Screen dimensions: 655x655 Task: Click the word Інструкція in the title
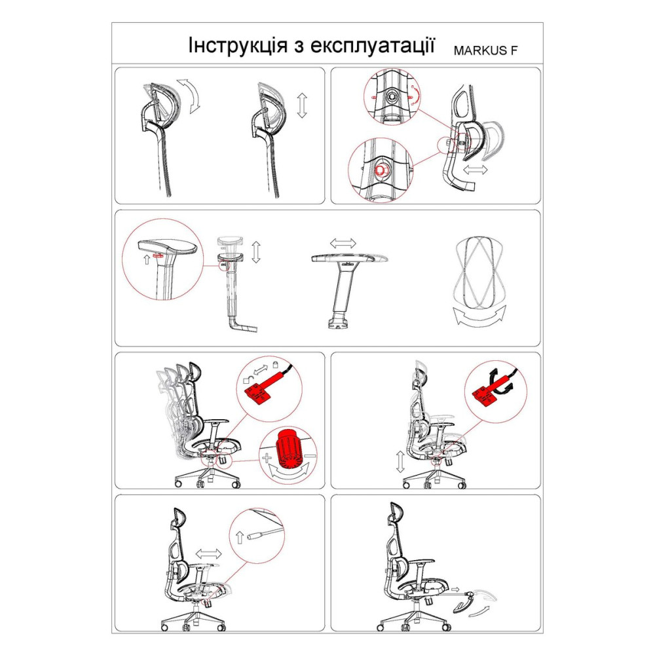(x=238, y=45)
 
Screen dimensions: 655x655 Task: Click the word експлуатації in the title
(x=373, y=45)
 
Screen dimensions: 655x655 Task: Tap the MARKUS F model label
(x=485, y=50)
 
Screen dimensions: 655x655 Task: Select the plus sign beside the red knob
(x=267, y=458)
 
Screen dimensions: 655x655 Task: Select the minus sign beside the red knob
(x=310, y=455)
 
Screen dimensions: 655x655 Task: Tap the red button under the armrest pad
(x=159, y=255)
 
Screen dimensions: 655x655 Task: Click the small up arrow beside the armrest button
(x=147, y=259)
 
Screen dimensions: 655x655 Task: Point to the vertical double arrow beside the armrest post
(x=256, y=252)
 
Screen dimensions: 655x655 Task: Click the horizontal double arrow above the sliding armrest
(x=343, y=243)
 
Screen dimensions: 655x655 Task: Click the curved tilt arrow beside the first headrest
(x=190, y=95)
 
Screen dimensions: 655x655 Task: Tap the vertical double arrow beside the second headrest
(x=302, y=105)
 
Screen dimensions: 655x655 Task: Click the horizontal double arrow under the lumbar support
(x=476, y=170)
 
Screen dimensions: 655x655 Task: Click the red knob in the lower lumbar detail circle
(x=380, y=170)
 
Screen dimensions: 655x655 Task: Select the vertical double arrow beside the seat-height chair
(x=400, y=462)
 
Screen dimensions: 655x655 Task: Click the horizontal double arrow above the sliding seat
(x=208, y=554)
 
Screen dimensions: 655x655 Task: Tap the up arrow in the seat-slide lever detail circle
(x=239, y=537)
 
